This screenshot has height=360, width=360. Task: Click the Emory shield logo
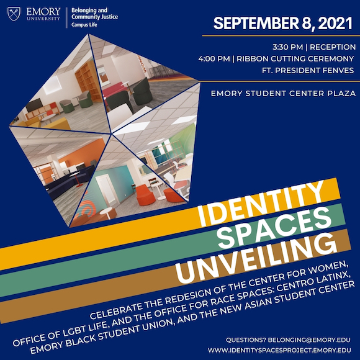(x=14, y=14)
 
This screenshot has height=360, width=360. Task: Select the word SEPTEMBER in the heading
(x=256, y=23)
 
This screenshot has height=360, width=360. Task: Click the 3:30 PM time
(x=287, y=47)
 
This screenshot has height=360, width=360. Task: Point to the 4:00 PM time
(x=214, y=59)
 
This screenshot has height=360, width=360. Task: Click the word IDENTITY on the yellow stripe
(x=261, y=203)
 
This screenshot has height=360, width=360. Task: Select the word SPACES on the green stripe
(x=274, y=228)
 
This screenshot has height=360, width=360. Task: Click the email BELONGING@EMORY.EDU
(x=309, y=340)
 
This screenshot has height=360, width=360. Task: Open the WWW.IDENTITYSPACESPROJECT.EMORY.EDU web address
(x=279, y=350)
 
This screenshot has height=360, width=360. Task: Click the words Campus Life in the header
(x=84, y=25)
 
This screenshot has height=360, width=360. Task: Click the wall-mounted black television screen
(x=34, y=105)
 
